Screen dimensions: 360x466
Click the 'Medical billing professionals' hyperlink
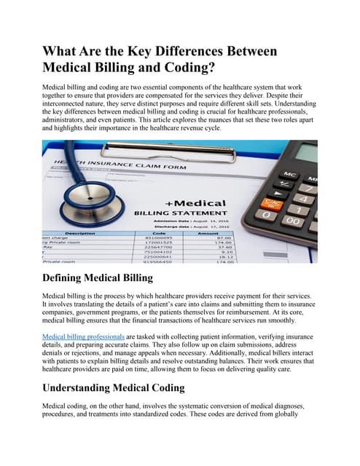point(84,337)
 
